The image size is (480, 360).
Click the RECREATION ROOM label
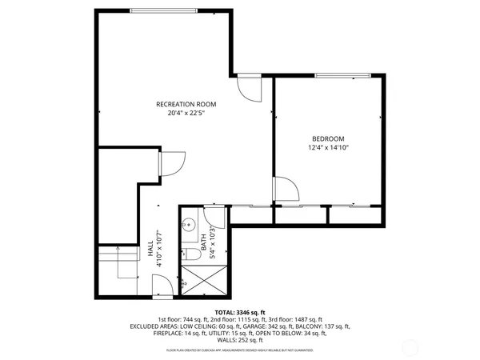coord(186,104)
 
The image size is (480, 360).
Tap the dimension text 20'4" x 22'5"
coord(186,114)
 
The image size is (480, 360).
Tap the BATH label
coord(204,248)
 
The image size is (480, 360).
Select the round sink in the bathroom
coord(190,225)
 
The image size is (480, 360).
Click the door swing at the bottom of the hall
coord(161,285)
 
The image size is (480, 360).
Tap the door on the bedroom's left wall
coord(286,189)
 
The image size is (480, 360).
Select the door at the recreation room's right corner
coord(249,87)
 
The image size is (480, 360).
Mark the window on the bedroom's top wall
coord(342,75)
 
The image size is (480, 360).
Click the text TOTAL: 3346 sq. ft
coord(240,312)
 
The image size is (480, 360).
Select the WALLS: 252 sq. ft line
coord(240,340)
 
